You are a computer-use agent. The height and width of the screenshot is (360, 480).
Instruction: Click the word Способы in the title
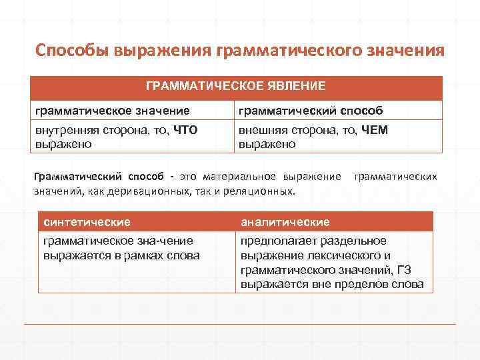[x=73, y=51]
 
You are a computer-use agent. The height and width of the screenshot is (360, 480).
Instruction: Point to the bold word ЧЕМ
[x=373, y=130]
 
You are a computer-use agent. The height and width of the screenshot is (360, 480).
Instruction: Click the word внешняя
[x=262, y=130]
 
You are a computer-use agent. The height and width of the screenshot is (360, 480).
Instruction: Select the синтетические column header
[x=87, y=221]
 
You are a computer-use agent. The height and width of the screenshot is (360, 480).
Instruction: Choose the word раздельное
[x=357, y=241]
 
